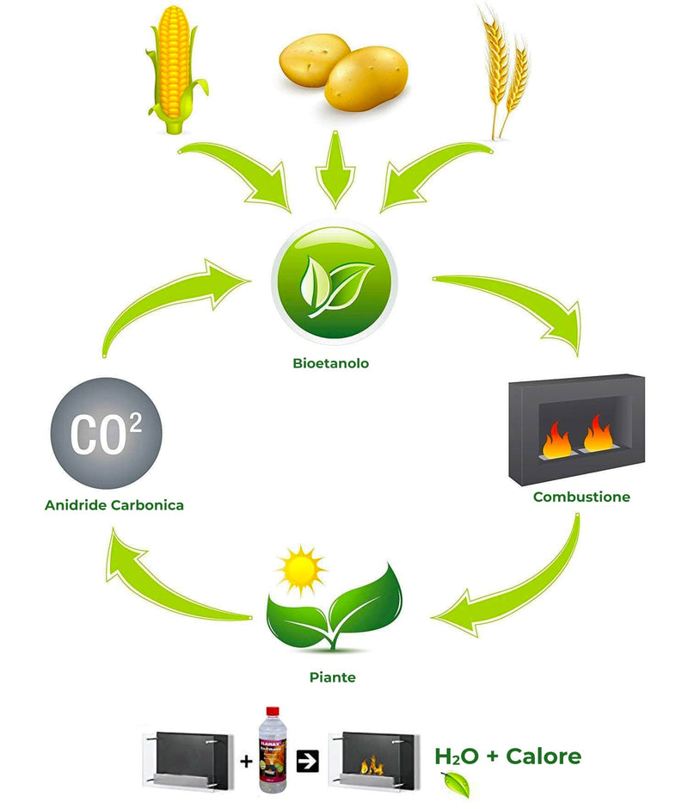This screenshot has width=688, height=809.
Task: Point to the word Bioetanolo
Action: pyautogui.click(x=330, y=363)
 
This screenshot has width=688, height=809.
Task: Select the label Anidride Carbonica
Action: pyautogui.click(x=114, y=505)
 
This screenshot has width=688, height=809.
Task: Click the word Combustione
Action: pyautogui.click(x=581, y=497)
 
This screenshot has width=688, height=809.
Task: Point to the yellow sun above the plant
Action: pyautogui.click(x=299, y=569)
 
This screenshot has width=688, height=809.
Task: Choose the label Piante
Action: pyautogui.click(x=332, y=677)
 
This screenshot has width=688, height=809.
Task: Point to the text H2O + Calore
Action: pyautogui.click(x=507, y=757)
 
